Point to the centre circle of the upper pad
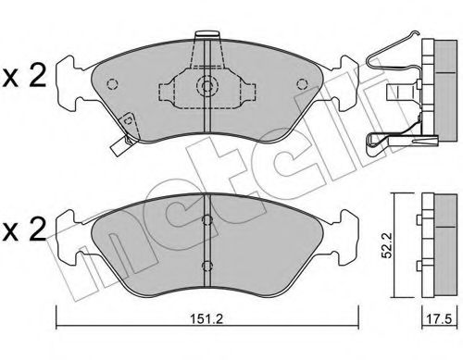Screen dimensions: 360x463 pos(207,90)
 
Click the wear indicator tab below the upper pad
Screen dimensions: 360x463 pos(118,145)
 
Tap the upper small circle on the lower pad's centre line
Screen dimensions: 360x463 pos(207,218)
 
